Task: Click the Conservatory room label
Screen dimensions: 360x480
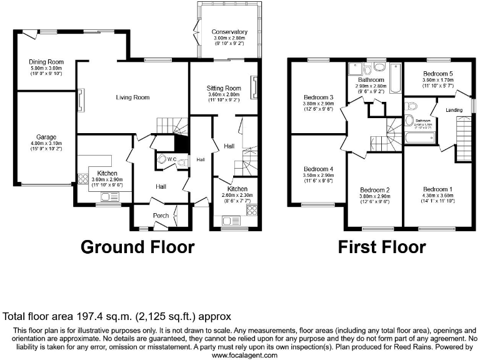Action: pyautogui.click(x=229, y=32)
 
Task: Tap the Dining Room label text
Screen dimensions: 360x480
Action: pyautogui.click(x=47, y=62)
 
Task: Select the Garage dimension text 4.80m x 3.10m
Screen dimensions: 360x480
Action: pyautogui.click(x=47, y=143)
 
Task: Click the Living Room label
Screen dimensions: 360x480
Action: pyautogui.click(x=132, y=97)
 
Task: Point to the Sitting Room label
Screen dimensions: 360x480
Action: pyautogui.click(x=224, y=89)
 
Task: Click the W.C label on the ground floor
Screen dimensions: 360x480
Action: pyautogui.click(x=171, y=159)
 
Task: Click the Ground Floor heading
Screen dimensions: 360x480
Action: pyautogui.click(x=137, y=247)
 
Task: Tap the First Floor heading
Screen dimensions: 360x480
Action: pyautogui.click(x=382, y=247)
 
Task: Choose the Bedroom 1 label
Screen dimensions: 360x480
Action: pyautogui.click(x=437, y=189)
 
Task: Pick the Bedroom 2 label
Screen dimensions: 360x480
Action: pyautogui.click(x=375, y=190)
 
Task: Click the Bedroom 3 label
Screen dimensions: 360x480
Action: pyautogui.click(x=318, y=97)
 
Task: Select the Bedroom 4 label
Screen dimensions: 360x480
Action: pyautogui.click(x=318, y=169)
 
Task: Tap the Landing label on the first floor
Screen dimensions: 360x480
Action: pyautogui.click(x=454, y=111)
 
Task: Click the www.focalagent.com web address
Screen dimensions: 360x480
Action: pyautogui.click(x=240, y=355)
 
